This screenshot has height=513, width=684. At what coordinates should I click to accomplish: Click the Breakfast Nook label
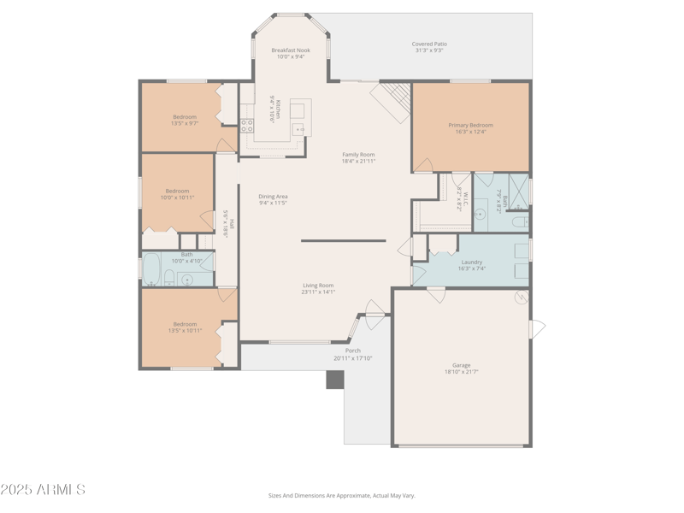pyautogui.click(x=291, y=50)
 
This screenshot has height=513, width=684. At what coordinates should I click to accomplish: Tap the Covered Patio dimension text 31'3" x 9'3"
pyautogui.click(x=429, y=50)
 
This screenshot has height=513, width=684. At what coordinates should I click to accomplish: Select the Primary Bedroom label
pyautogui.click(x=470, y=126)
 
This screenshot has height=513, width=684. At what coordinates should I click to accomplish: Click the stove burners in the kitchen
pyautogui.click(x=247, y=126)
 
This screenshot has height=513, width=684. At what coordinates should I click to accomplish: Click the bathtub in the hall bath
pyautogui.click(x=150, y=270)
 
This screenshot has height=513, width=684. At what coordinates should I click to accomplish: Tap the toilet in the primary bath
pyautogui.click(x=518, y=222)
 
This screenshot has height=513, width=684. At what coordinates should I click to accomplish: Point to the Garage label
pyautogui.click(x=462, y=365)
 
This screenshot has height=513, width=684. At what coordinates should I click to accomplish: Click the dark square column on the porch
pyautogui.click(x=334, y=380)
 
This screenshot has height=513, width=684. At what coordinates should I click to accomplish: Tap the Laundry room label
pyautogui.click(x=471, y=262)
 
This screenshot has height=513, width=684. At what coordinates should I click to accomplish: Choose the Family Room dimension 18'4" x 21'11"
pyautogui.click(x=358, y=161)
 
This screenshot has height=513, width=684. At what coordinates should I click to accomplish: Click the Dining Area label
pyautogui.click(x=273, y=197)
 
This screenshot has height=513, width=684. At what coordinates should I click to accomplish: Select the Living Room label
pyautogui.click(x=317, y=286)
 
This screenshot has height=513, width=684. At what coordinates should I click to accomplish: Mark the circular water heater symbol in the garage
pyautogui.click(x=520, y=298)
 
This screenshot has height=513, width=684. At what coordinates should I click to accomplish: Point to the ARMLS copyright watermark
pyautogui.click(x=43, y=490)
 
